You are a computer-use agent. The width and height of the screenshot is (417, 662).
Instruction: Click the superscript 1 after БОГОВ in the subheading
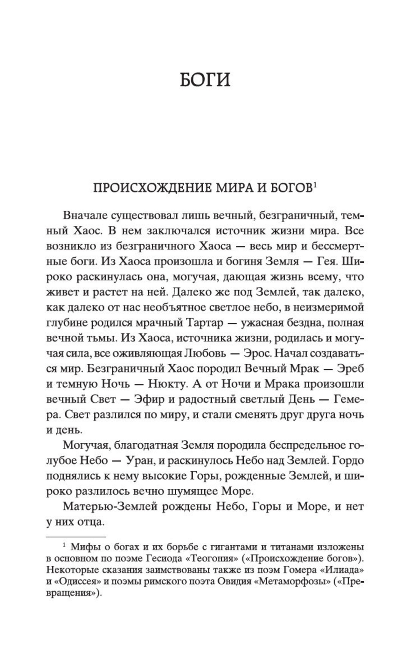(315, 186)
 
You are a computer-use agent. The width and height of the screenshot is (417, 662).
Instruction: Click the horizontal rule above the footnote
(75, 537)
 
